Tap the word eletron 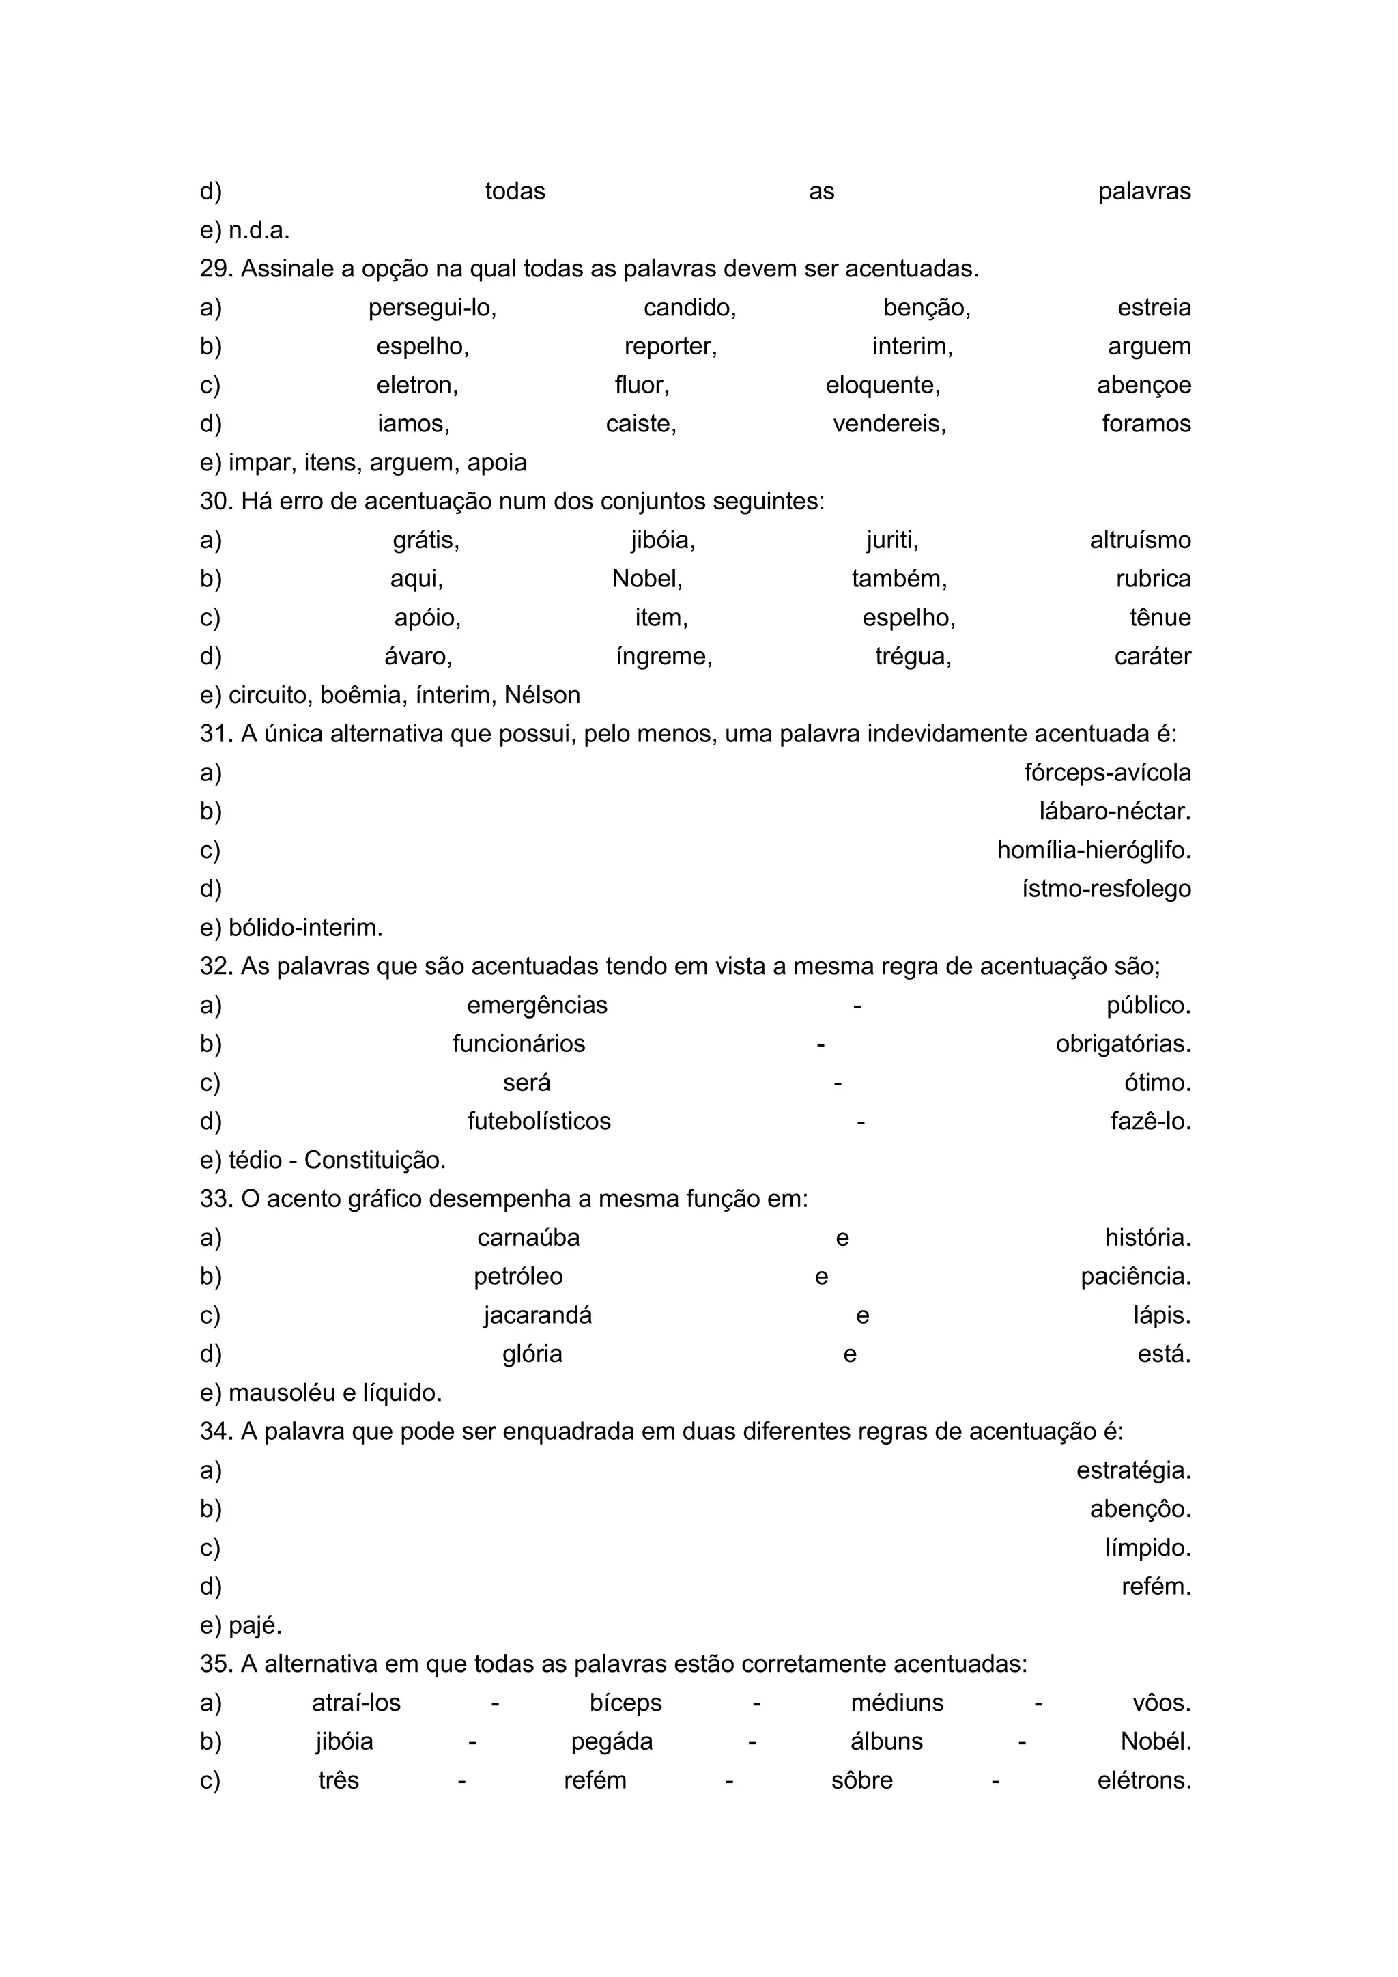416,386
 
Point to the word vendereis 889,425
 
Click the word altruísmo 1140,541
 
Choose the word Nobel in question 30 646,580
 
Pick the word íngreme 664,657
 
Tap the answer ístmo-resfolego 1106,890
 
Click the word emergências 537,1006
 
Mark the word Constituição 375,1161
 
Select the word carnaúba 528,1238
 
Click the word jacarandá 537,1315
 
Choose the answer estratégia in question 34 1133,1470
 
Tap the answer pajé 255,1625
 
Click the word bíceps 626,1703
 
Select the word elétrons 1144,1780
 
